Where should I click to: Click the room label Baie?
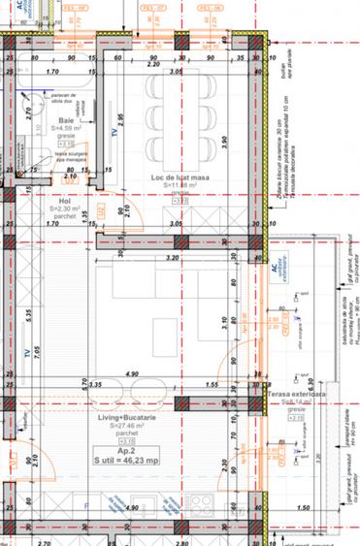coord(66,119)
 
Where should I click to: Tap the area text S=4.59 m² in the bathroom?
coord(66,127)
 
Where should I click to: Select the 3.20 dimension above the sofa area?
coord(173,258)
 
